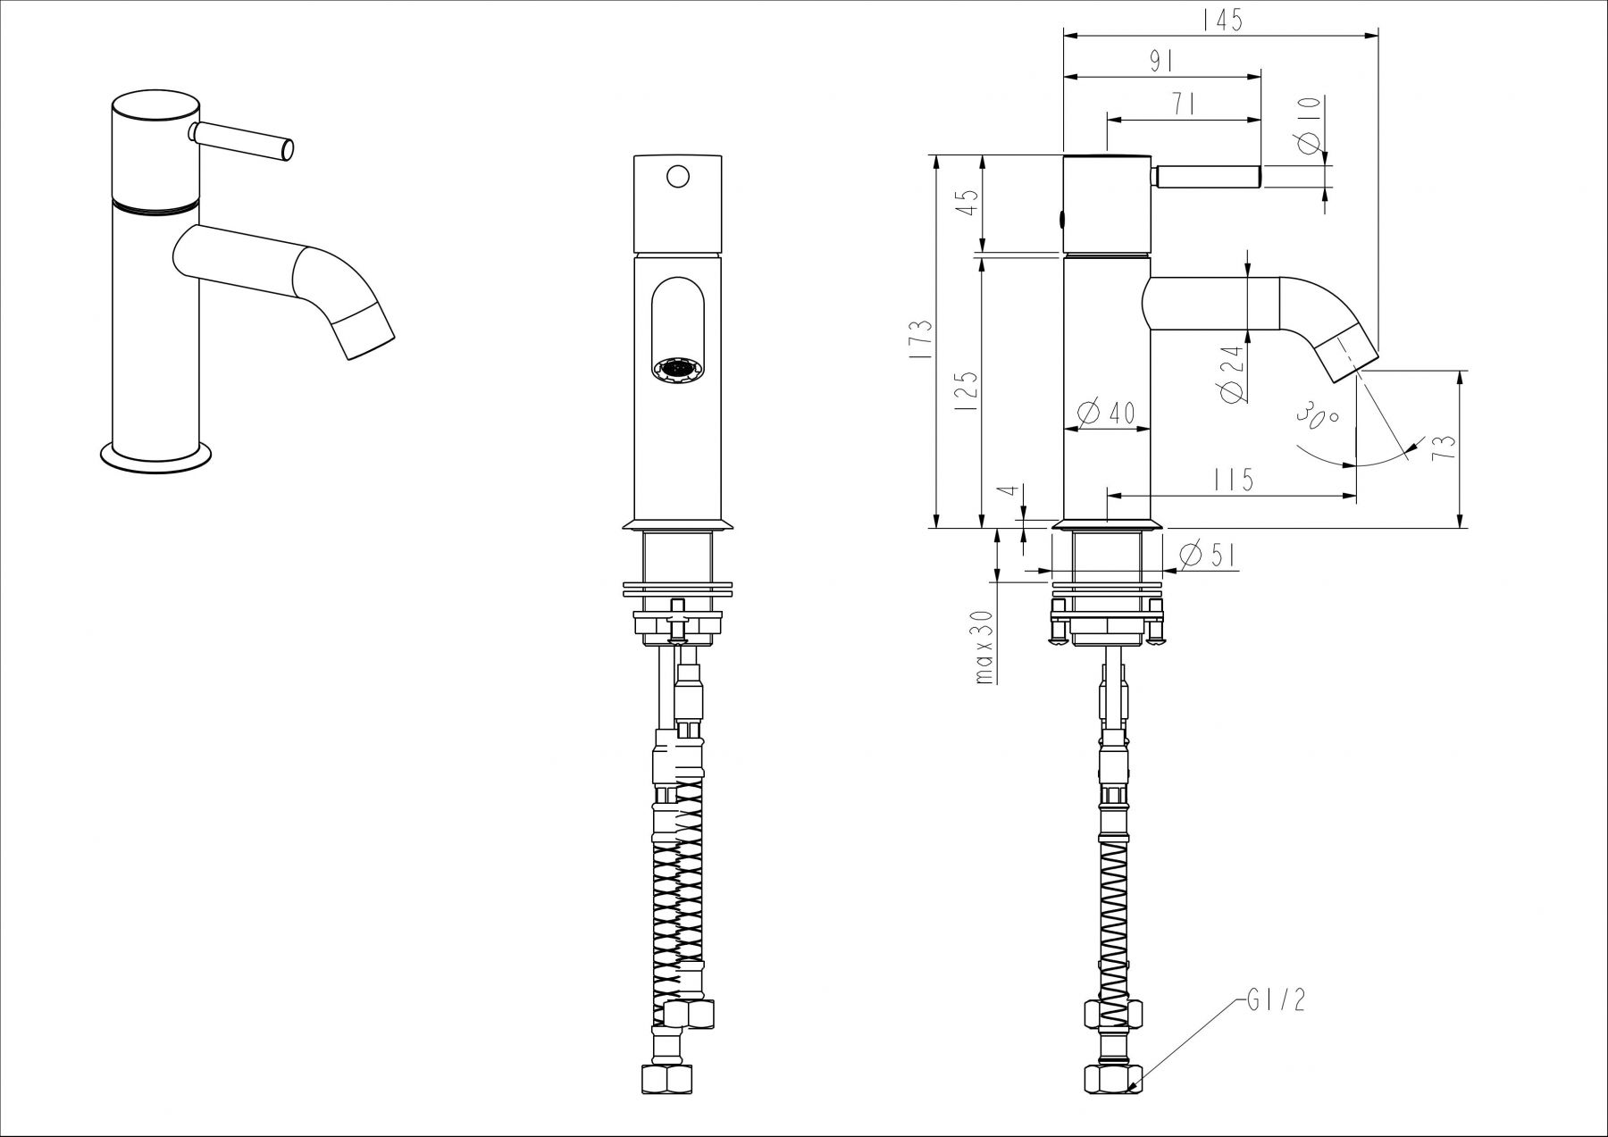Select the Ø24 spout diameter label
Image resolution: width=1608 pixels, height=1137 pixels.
(x=1233, y=372)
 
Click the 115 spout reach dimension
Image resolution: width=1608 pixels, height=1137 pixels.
(x=1234, y=480)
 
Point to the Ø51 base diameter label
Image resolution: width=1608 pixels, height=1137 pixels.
(x=1207, y=556)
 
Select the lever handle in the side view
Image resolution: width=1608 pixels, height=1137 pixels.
(x=1206, y=177)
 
